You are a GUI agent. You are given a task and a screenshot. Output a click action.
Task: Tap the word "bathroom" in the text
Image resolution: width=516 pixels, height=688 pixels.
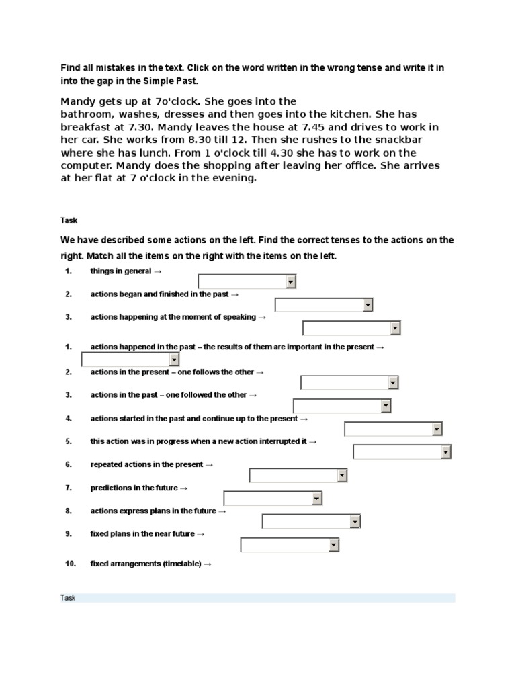(x=88, y=114)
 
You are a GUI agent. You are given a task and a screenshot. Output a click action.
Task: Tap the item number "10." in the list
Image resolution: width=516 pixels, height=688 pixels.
(x=70, y=564)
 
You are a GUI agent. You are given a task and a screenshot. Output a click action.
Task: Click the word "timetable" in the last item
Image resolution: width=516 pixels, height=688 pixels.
(x=181, y=564)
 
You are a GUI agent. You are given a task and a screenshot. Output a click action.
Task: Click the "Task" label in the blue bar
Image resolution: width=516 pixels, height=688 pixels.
(x=68, y=598)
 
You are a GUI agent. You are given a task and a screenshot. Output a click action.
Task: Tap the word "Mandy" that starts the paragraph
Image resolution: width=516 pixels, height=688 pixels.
(x=79, y=101)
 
